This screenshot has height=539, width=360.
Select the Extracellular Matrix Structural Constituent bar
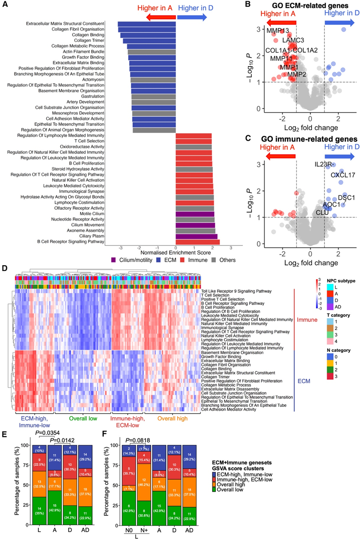coord(146,24)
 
